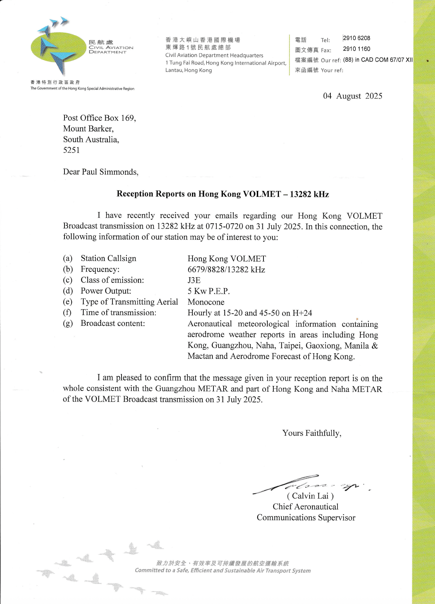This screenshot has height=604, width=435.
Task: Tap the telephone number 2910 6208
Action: (x=356, y=38)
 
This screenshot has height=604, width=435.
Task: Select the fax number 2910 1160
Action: (x=356, y=49)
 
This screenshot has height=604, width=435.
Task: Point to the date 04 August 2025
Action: (x=353, y=96)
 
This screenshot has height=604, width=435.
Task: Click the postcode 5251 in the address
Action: (x=72, y=150)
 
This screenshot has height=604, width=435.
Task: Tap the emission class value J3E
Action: (x=194, y=280)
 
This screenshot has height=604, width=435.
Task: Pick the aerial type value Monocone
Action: (x=206, y=302)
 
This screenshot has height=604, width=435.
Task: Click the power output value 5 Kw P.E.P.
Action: (x=209, y=291)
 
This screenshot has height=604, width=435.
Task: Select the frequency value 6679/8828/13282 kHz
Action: (x=226, y=270)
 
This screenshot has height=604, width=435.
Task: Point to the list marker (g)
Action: (x=68, y=324)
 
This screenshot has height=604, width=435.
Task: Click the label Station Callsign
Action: (x=108, y=259)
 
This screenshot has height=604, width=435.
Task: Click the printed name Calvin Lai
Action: (x=310, y=496)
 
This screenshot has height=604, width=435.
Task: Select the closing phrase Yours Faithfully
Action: (x=312, y=433)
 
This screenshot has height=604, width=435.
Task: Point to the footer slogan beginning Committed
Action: (x=223, y=571)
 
